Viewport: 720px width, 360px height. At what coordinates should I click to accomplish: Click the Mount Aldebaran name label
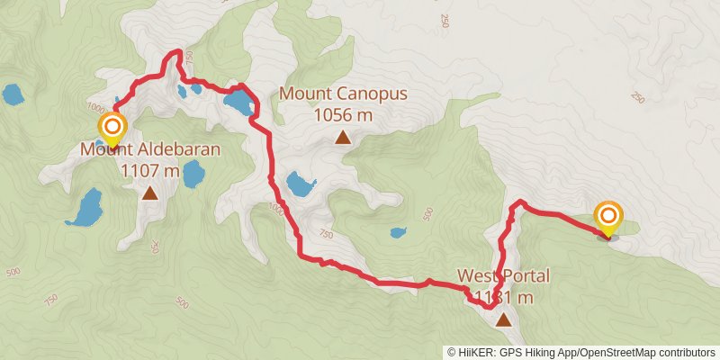(x=149, y=149)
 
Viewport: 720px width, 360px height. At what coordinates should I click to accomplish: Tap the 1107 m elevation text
(x=149, y=168)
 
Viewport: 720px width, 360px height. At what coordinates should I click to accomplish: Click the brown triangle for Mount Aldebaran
(x=149, y=192)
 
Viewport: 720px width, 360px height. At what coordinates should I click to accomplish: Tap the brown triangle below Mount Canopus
(x=343, y=137)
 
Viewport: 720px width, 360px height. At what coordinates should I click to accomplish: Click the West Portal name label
(x=502, y=276)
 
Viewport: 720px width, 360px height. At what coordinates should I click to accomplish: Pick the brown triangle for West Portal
(x=502, y=319)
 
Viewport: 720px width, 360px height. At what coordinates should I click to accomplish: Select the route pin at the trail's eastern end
(x=609, y=217)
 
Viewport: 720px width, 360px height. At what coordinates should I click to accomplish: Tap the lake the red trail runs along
(x=238, y=101)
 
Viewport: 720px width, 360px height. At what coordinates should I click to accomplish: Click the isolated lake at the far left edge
(x=13, y=94)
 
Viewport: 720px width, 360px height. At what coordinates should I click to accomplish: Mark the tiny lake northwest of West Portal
(x=397, y=233)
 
